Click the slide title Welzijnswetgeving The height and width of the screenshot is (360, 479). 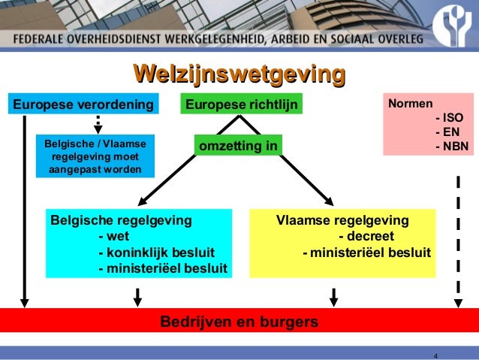[239, 74]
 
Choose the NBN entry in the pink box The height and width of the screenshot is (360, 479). [451, 146]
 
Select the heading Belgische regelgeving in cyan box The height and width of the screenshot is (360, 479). [121, 221]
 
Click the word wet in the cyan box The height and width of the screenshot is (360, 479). [113, 236]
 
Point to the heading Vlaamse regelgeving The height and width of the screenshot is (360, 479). [342, 221]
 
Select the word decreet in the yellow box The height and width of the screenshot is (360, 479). [366, 236]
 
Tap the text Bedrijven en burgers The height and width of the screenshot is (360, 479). [239, 322]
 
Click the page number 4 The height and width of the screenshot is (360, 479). [435, 355]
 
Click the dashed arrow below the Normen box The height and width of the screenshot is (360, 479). [457, 241]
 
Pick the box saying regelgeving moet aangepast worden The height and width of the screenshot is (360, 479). [95, 157]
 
